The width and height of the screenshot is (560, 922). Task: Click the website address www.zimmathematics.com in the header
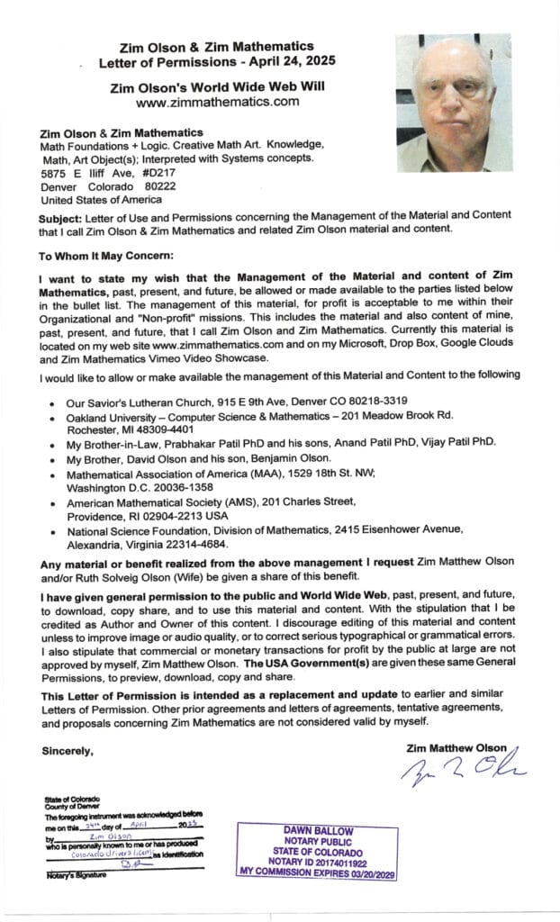pos(216,103)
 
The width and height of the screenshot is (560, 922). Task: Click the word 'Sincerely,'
pos(68,749)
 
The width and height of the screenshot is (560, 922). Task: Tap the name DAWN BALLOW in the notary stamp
pos(306,830)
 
